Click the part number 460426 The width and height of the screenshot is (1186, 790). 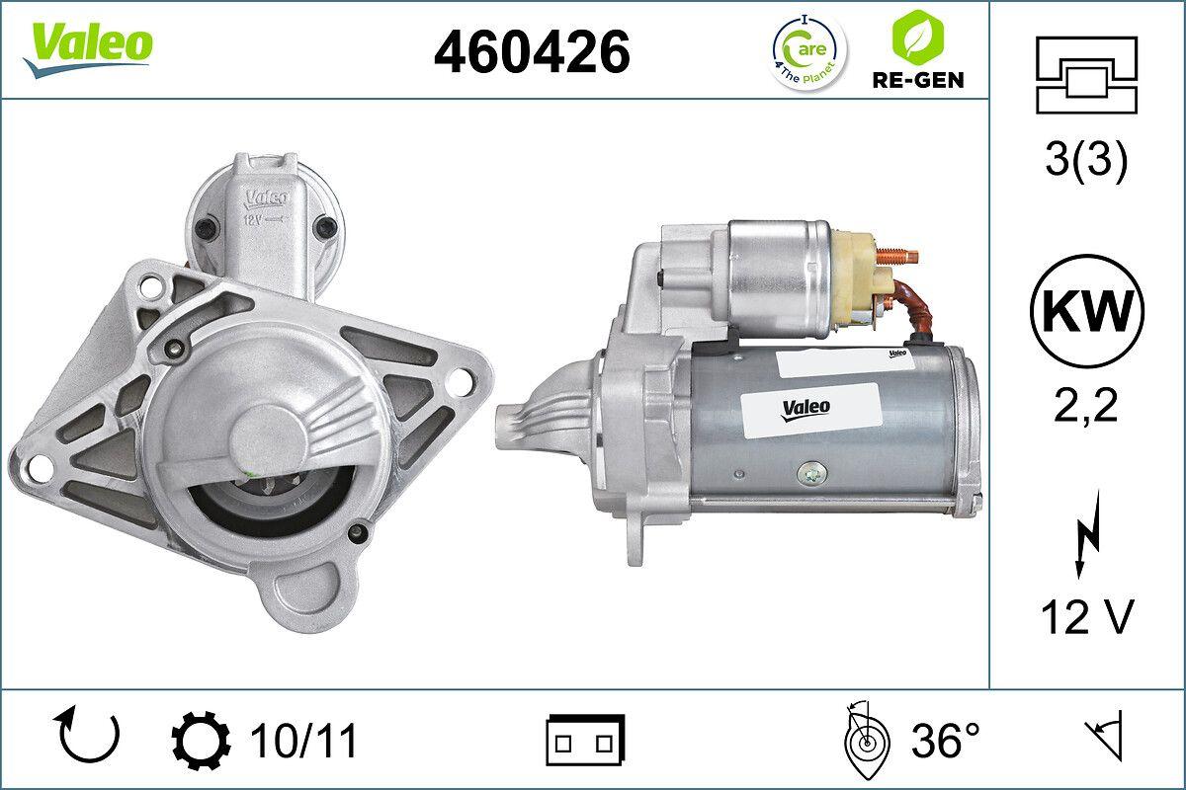pos(532,50)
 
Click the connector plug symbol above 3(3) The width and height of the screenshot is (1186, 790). pos(1086,75)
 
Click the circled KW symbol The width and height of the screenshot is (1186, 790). pos(1086,310)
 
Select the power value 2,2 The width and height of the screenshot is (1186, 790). pos(1086,406)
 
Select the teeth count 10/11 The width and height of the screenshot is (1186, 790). pos(304,740)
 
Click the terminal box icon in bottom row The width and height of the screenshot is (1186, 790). pos(585,739)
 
